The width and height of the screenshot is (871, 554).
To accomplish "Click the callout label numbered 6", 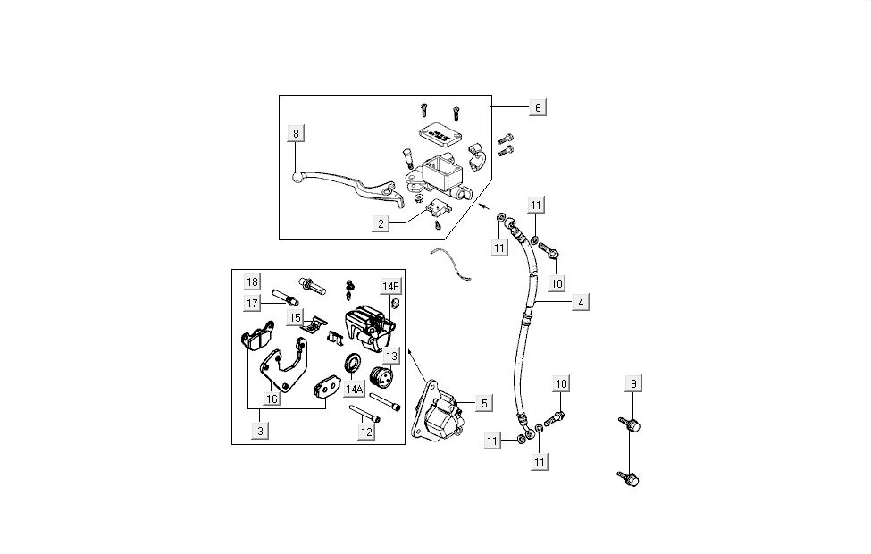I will coord(537,107).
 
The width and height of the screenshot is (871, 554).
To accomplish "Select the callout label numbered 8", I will coord(297,134).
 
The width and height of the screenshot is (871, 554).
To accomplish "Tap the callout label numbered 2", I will coord(381,224).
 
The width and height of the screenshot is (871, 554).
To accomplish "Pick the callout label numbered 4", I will coord(581,303).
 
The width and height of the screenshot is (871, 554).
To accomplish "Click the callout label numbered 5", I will coord(483,403).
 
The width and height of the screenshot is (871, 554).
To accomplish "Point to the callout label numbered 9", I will coord(633,384).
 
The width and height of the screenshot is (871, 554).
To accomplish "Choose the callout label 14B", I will coord(391,286).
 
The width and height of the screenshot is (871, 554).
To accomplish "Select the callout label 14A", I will coord(355,390).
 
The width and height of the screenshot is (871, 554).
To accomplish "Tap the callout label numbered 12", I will coord(366,432).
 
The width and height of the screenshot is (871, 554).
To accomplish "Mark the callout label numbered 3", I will coord(261,432).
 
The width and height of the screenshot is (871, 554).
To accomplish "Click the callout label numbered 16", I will coord(272,399).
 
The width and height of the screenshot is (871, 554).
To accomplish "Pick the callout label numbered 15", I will coord(296,317).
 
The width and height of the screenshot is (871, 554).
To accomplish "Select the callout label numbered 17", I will coord(253,303).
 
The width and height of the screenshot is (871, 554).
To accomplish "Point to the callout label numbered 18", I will coord(253,282).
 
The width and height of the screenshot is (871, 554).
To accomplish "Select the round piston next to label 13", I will coord(382,379).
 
